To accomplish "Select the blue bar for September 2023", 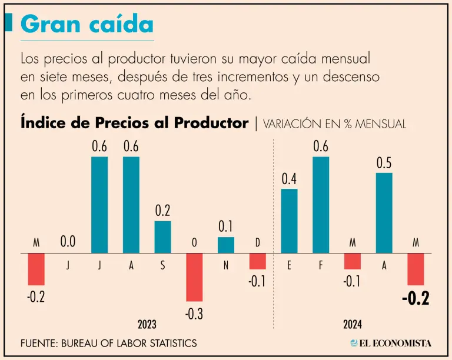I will [162, 237].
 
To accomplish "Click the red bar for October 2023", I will [194, 277].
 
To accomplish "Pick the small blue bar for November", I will [226, 245].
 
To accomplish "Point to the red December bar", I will [257, 261].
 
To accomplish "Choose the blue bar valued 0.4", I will [289, 221].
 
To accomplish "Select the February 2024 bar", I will [321, 205].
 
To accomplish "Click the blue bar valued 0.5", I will [384, 213].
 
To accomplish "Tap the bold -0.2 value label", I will [416, 298].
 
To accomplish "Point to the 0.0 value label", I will [68, 242].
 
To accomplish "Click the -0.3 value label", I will [194, 314].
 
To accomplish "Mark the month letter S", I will [162, 266].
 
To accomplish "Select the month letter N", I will [226, 266].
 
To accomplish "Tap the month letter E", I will [289, 266].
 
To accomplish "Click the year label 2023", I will [147, 324].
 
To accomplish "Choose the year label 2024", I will [352, 324].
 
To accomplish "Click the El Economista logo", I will [391, 343].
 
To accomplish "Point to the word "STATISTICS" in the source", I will [169, 343].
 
